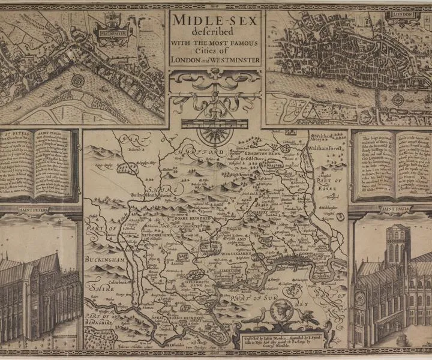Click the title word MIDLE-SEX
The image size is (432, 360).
(x=216, y=20)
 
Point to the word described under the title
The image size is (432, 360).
(x=215, y=32)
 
